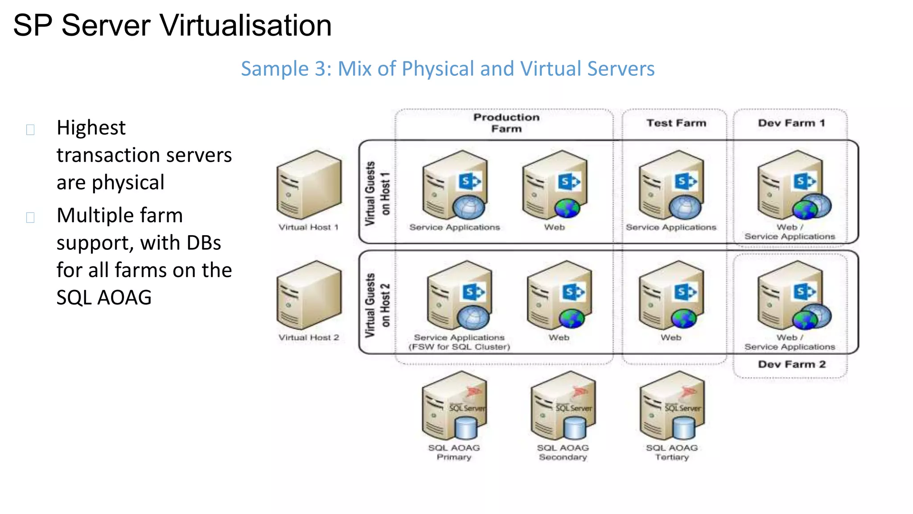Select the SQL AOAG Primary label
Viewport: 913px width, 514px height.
(x=454, y=452)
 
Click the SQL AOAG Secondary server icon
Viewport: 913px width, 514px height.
(x=563, y=406)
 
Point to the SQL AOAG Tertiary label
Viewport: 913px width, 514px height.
(x=672, y=452)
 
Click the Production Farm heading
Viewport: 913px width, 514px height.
(x=506, y=123)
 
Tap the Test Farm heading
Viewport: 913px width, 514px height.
(x=676, y=123)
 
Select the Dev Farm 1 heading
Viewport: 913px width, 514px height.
(x=791, y=123)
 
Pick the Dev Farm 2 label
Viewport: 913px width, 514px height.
(x=792, y=365)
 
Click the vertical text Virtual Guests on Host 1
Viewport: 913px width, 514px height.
(x=377, y=193)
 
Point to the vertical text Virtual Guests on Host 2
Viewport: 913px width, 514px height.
(x=377, y=305)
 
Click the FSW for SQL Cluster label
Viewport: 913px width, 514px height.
(x=459, y=347)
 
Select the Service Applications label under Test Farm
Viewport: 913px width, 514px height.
(x=671, y=228)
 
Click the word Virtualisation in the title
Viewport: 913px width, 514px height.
(x=246, y=25)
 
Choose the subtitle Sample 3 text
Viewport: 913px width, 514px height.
(x=448, y=69)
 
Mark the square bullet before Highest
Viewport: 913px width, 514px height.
(x=30, y=130)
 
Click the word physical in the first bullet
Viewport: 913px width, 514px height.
(x=128, y=182)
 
